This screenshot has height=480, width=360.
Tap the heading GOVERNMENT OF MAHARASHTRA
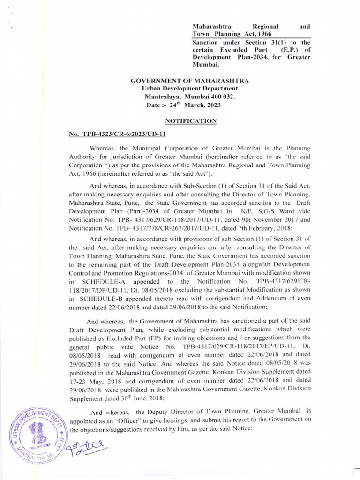point(189,81)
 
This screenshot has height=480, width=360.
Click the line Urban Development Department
point(189,89)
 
